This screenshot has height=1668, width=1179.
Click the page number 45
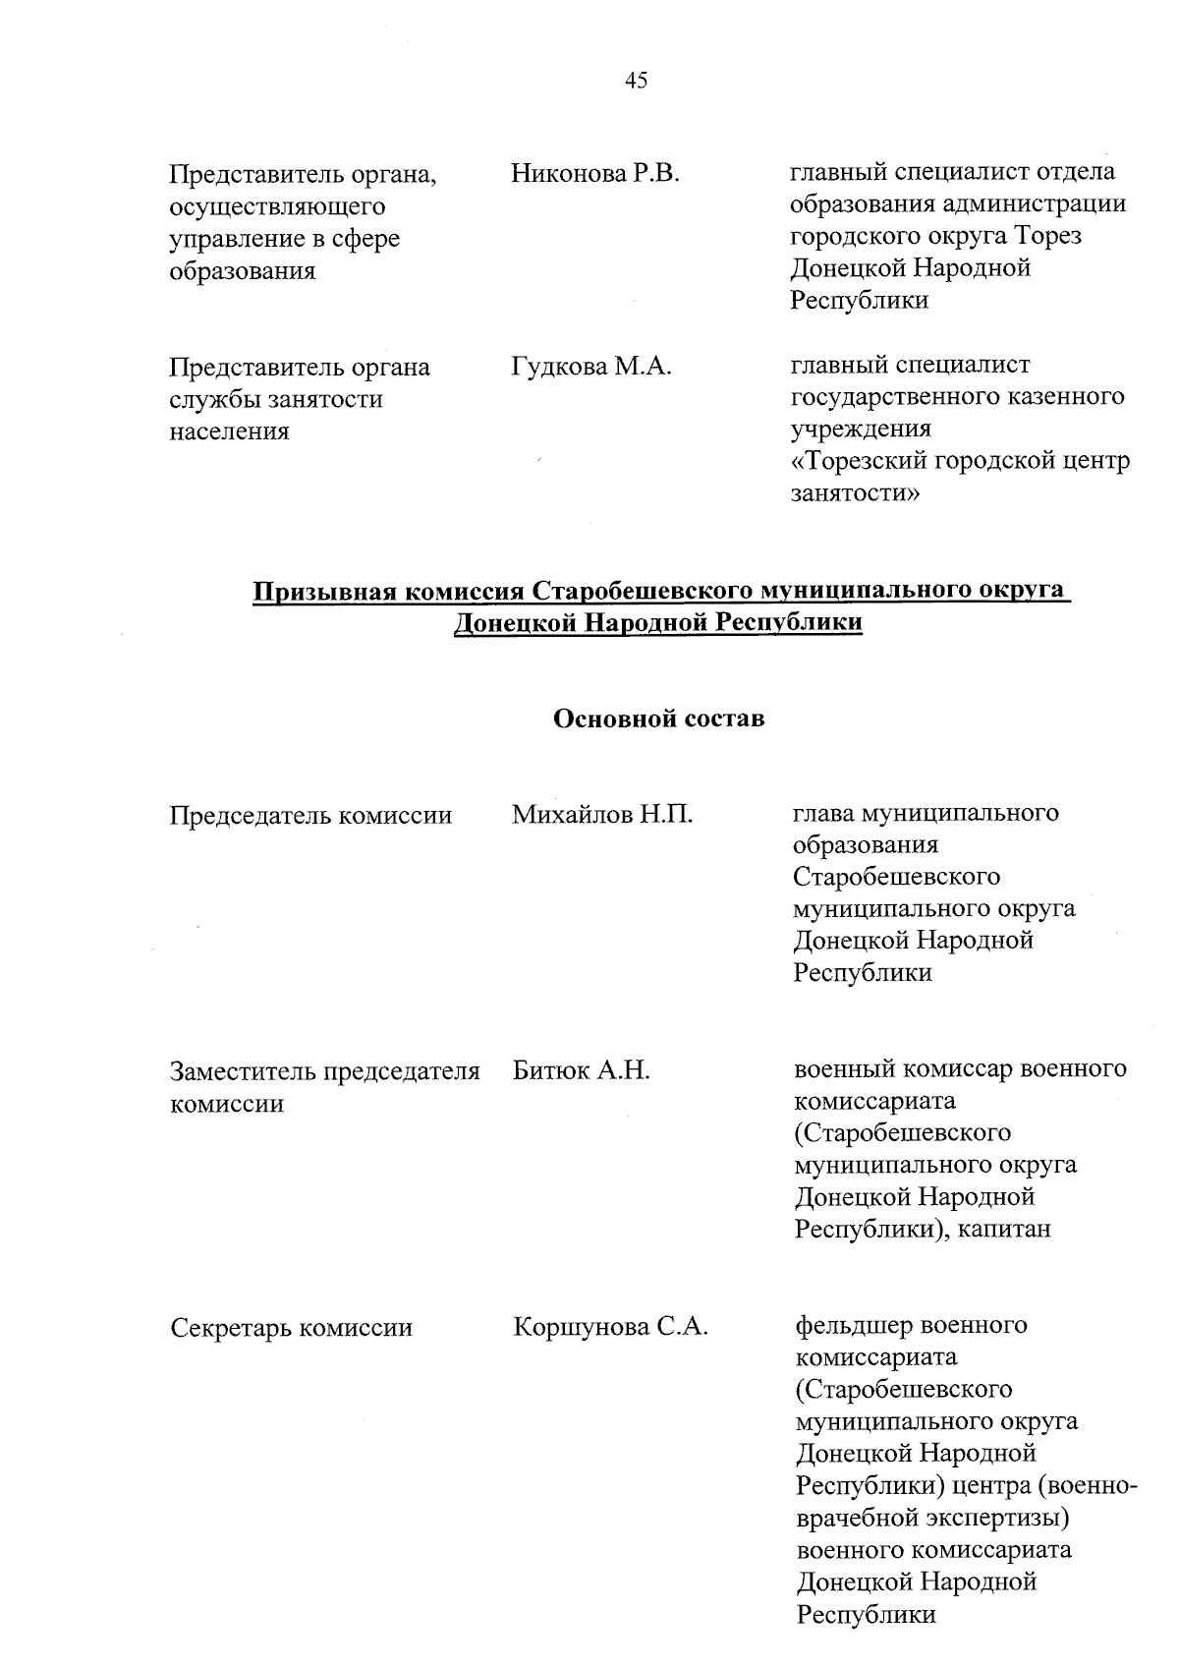tap(636, 82)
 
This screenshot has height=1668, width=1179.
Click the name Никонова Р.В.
tap(594, 175)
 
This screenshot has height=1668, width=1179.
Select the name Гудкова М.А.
tap(590, 368)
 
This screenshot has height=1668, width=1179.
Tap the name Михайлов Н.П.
tap(602, 815)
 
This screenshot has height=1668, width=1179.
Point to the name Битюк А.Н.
tap(581, 1070)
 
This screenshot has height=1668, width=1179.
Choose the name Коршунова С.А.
tap(610, 1328)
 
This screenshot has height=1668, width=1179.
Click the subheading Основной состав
tap(659, 719)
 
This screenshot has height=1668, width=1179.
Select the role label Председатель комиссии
tap(310, 816)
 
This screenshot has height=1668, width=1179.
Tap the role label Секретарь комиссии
tap(291, 1329)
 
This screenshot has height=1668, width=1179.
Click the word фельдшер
tap(850, 1326)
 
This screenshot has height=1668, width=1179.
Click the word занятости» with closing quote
tap(856, 493)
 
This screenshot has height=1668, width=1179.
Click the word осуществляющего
tap(277, 207)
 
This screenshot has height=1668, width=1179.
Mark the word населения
tap(229, 431)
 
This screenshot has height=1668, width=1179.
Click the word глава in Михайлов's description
tap(822, 814)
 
